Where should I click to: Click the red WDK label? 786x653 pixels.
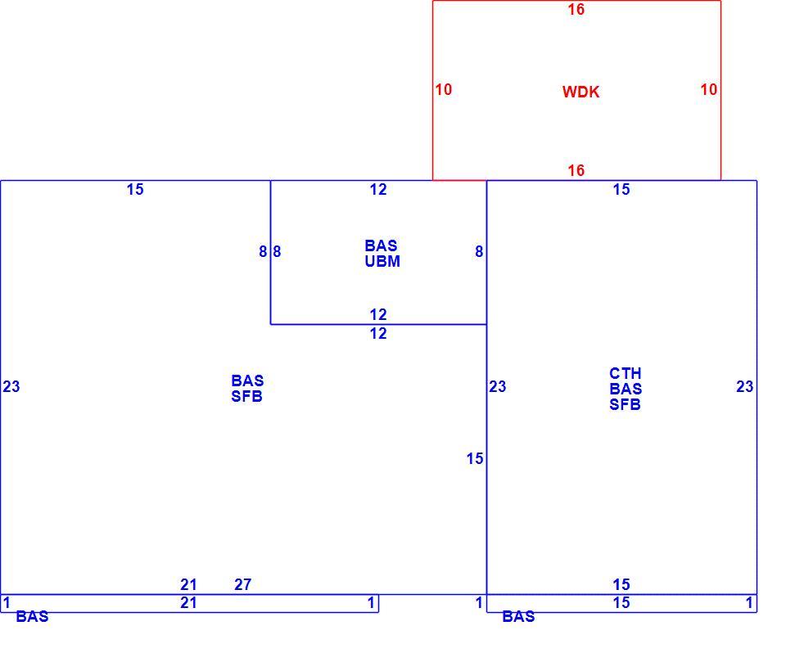pos(580,92)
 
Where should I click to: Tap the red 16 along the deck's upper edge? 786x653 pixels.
pos(576,10)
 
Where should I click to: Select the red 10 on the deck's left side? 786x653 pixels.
pos(443,90)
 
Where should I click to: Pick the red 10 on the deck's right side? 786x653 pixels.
pos(709,90)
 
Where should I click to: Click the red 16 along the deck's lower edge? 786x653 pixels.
pos(576,170)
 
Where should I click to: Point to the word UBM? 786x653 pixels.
pos(382,262)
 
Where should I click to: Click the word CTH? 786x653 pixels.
pos(625,373)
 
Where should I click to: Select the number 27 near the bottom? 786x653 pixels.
pos(242,584)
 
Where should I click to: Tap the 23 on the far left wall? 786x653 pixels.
pos(11,386)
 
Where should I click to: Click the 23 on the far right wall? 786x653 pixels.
pos(744,386)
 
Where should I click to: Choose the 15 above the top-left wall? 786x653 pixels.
pos(135,189)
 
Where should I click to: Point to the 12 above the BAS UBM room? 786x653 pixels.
pos(378,189)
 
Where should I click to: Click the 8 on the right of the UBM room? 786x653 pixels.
pos(479,251)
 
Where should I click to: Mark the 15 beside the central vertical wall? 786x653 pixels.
pos(475,458)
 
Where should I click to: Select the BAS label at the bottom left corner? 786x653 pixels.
pos(32,616)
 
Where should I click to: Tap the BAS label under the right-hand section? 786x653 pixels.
pos(518,616)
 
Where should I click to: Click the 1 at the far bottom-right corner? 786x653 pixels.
pos(749,603)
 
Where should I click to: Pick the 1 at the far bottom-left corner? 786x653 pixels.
pos(7,603)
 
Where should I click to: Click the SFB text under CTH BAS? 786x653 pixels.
pos(625,404)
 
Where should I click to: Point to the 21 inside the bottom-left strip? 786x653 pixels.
pos(188,603)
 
